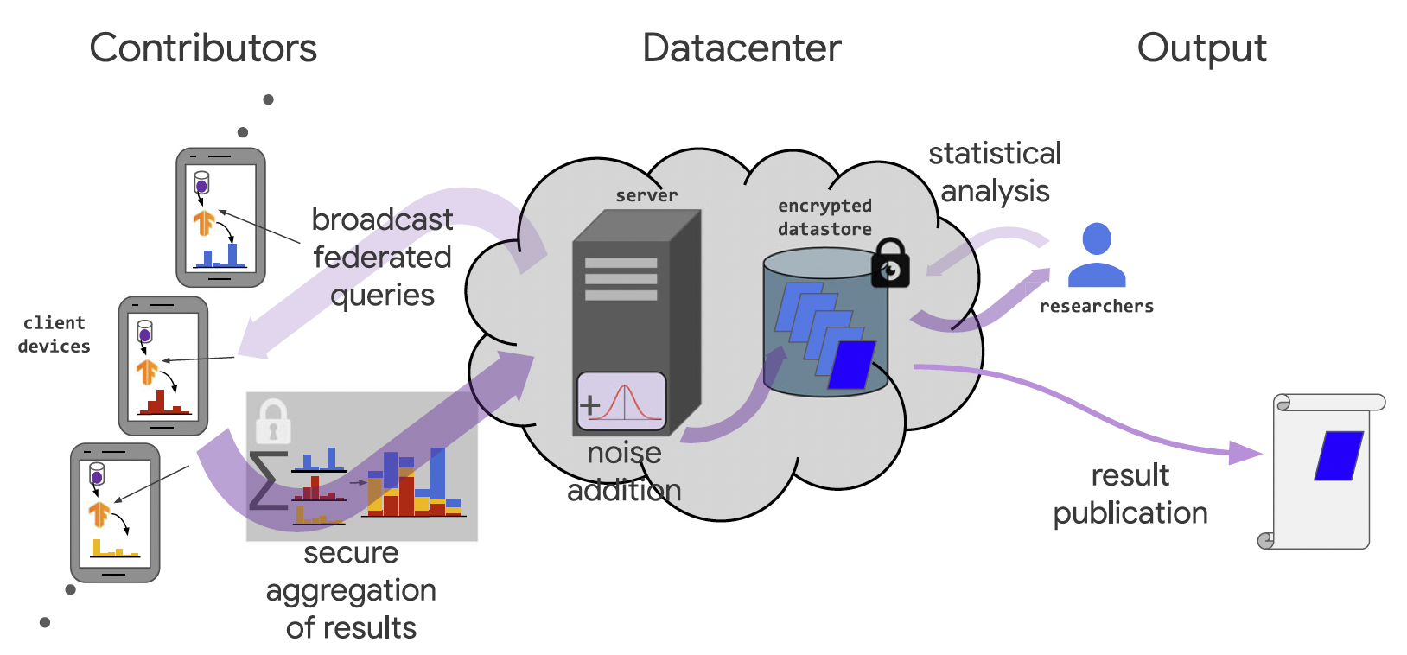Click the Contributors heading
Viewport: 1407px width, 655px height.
(203, 48)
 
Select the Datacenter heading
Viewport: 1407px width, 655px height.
(742, 48)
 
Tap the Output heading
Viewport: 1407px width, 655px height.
(1201, 48)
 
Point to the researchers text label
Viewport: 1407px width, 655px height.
(1096, 306)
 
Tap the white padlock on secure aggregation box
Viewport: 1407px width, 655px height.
(273, 421)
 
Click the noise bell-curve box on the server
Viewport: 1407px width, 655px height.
(621, 402)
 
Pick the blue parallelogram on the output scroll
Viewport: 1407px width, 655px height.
(1339, 455)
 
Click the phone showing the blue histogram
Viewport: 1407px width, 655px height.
(220, 217)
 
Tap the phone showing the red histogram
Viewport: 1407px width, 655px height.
(162, 366)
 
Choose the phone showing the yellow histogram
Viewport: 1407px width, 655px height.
(115, 512)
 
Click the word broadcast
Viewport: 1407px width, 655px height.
(382, 219)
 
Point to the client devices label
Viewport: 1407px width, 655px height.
(54, 334)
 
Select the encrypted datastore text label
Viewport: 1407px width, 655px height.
(824, 217)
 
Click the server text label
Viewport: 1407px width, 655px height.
(646, 195)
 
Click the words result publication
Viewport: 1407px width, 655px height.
(1130, 493)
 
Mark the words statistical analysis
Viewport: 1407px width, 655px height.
(995, 172)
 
